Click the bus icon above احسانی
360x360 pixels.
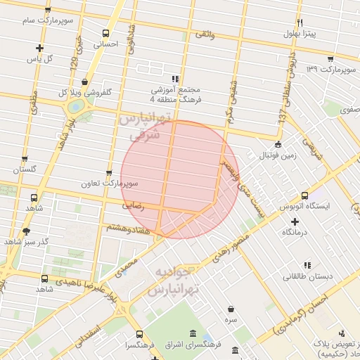click(x=105, y=33)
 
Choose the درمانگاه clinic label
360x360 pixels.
click(x=295, y=231)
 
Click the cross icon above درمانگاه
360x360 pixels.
click(x=295, y=221)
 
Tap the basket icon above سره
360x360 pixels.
click(x=231, y=309)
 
